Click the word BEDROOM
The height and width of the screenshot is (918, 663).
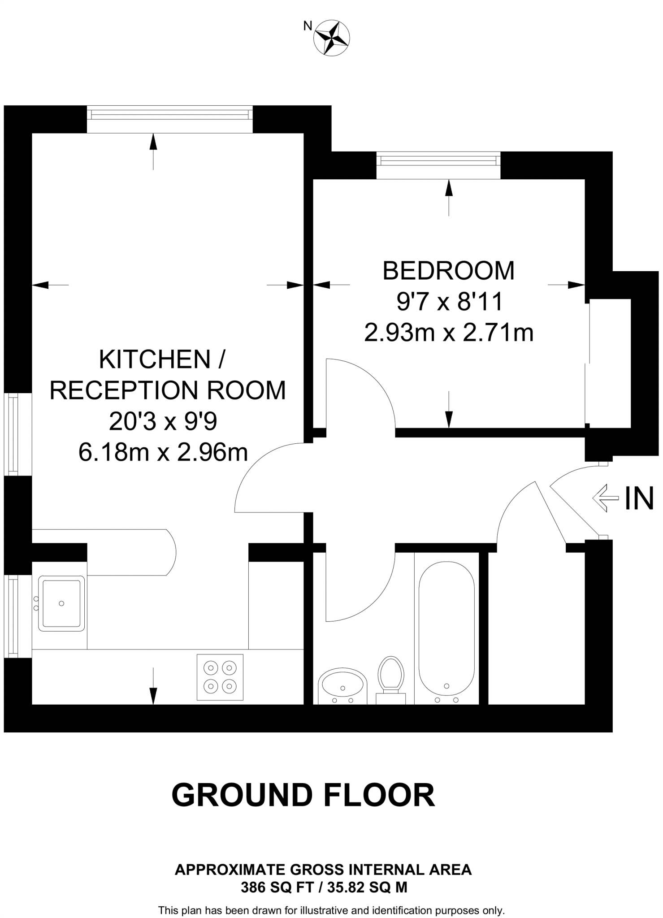[449, 271]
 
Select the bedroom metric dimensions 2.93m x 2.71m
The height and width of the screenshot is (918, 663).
[449, 333]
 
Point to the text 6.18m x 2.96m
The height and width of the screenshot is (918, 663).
[163, 452]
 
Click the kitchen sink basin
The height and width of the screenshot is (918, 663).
[61, 603]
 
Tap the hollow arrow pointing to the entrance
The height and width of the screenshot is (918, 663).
[606, 498]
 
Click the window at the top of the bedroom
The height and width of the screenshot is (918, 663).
[438, 160]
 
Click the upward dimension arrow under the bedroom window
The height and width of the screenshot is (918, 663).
[449, 197]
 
